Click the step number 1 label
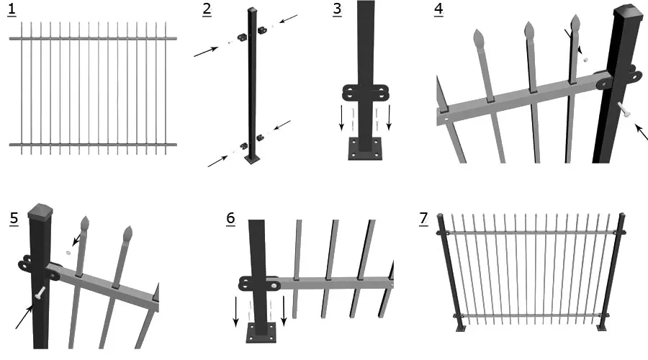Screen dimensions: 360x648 (x=12, y=10)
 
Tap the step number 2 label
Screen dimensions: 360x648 (x=207, y=10)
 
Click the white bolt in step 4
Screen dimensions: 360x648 (x=624, y=109)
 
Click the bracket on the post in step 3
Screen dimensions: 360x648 (x=366, y=93)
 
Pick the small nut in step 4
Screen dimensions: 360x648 (x=585, y=59)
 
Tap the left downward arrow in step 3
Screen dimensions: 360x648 (x=343, y=119)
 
